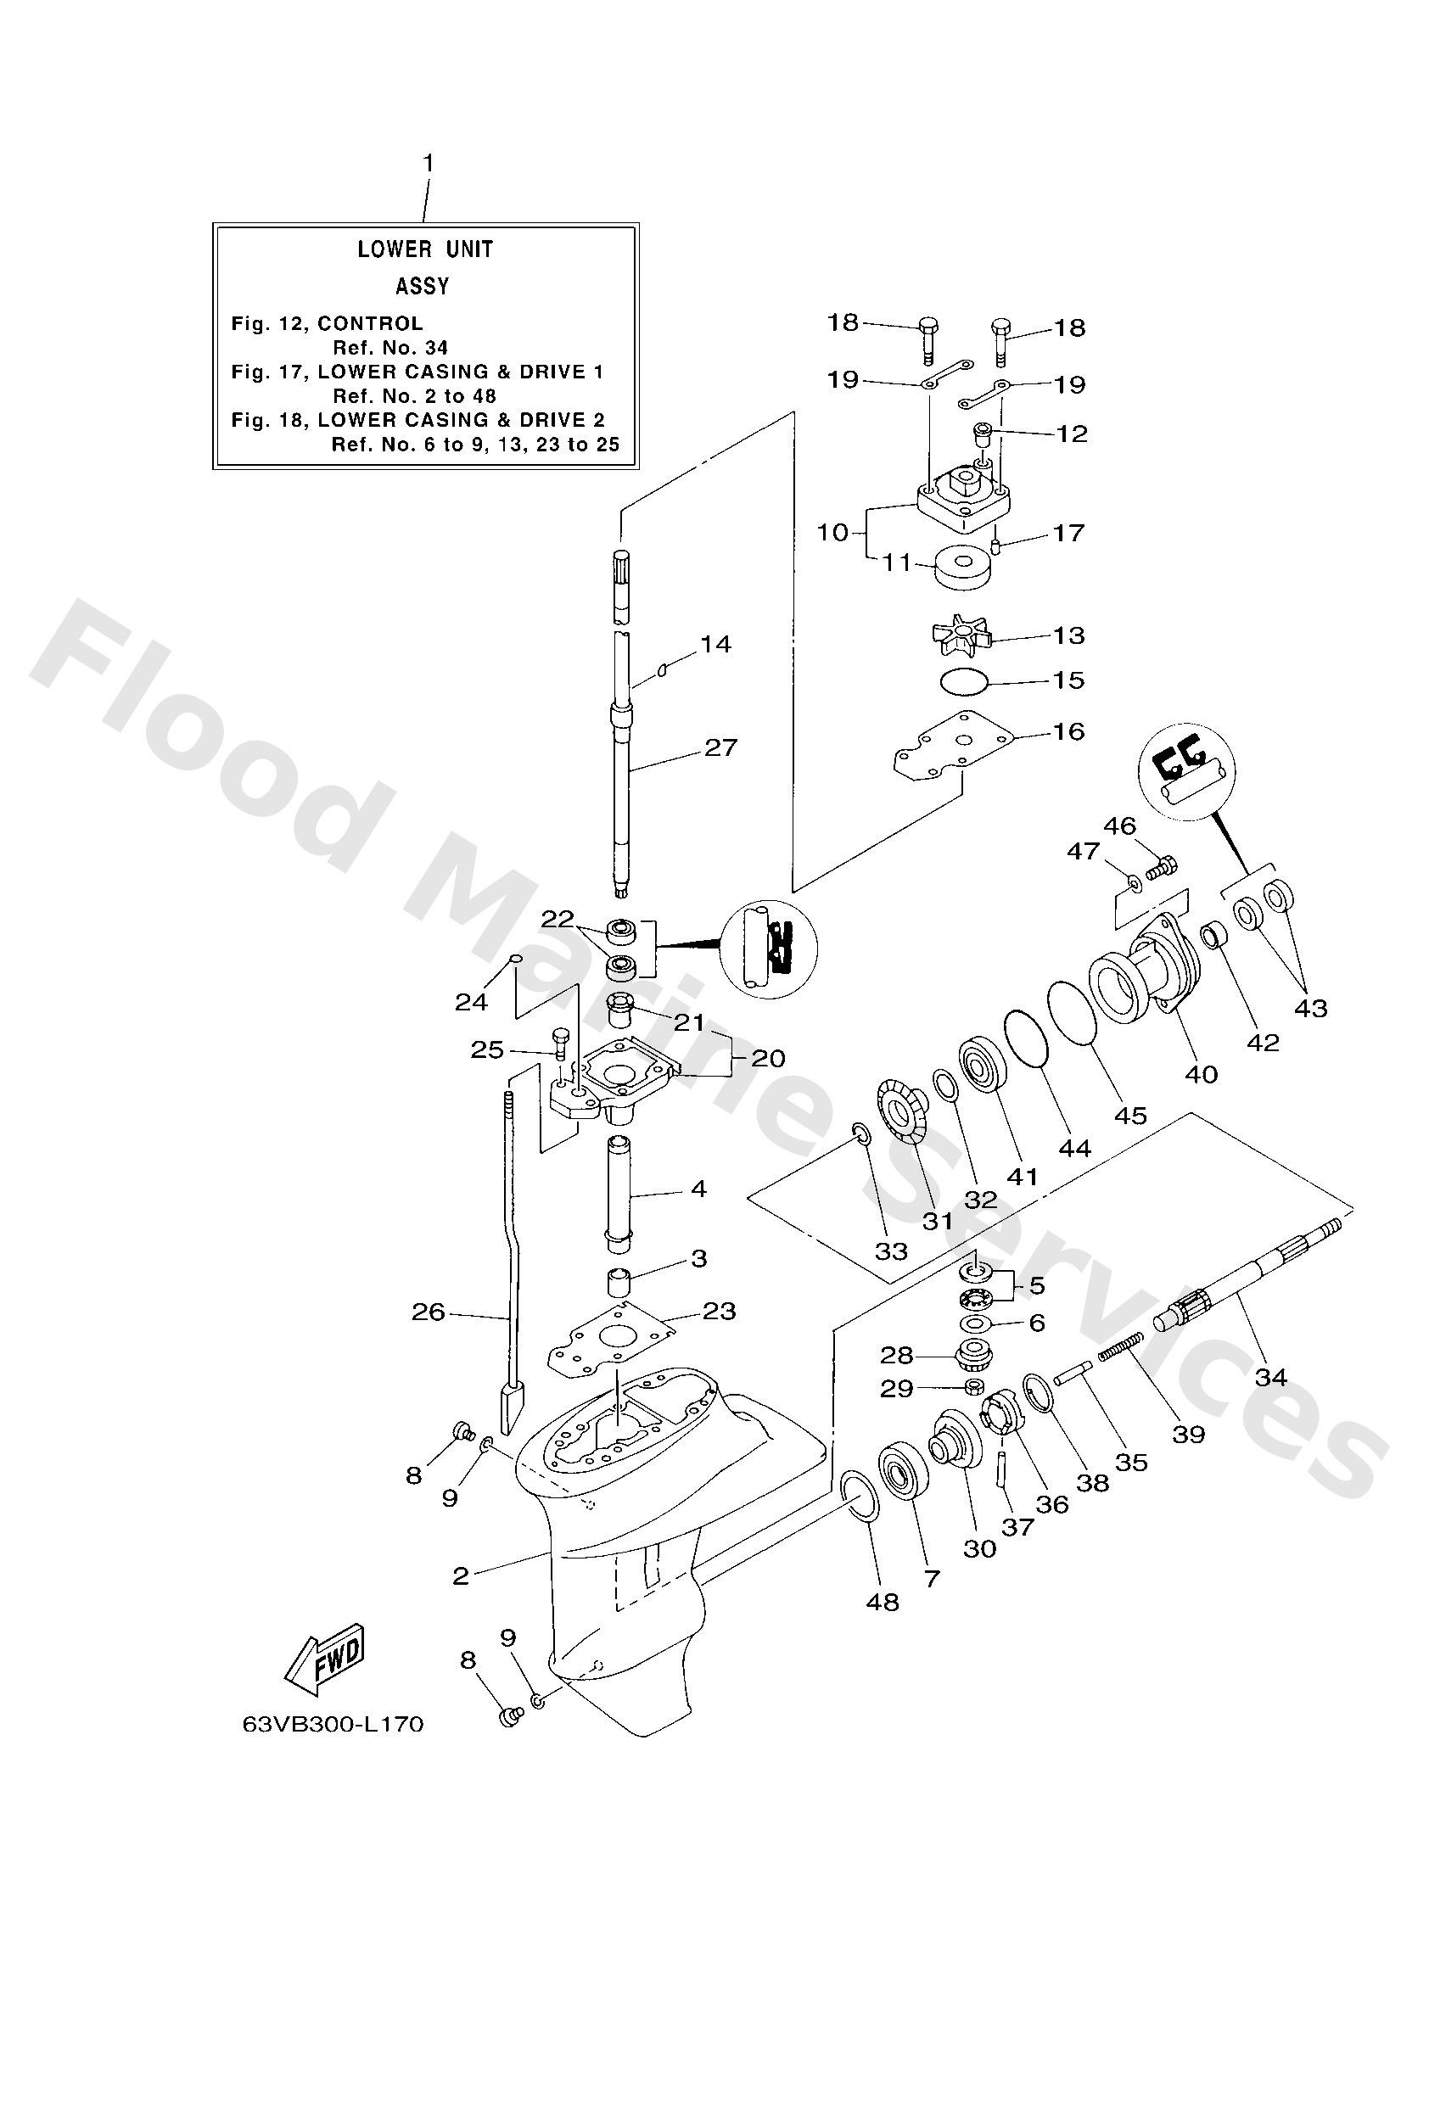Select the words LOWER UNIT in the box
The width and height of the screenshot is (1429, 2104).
pos(425,249)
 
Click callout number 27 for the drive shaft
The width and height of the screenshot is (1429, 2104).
pos(720,747)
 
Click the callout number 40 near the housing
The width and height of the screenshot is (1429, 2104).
pos(1202,1075)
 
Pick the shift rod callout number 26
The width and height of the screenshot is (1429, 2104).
pos(429,1312)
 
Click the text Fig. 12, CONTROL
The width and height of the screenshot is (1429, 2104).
pos(327,323)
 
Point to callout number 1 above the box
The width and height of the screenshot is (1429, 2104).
pos(429,164)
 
